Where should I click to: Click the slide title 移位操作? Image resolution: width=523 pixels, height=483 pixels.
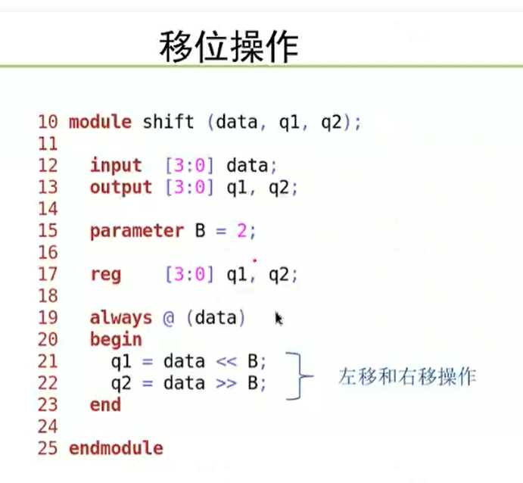229,47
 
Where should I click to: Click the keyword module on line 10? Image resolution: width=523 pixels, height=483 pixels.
100,122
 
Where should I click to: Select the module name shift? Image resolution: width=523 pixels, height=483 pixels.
168,121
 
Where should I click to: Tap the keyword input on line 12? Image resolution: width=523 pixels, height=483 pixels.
116,166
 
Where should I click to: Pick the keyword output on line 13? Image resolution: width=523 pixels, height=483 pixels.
121,188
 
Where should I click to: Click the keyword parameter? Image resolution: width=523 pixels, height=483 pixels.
137,231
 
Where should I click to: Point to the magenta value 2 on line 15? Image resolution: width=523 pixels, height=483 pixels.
241,230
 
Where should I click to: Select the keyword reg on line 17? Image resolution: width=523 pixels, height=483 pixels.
106,276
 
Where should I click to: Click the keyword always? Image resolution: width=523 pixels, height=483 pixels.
121,318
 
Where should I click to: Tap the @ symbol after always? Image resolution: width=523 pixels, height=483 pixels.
169,318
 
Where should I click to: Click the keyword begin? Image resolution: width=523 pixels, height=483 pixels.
116,340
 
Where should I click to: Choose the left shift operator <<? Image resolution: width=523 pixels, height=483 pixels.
226,362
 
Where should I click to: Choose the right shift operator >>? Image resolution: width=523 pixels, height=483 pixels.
226,384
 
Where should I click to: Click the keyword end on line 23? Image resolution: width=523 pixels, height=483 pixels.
105,405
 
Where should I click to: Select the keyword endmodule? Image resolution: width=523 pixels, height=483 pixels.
116,448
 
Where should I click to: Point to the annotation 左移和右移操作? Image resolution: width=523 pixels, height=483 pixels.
407,376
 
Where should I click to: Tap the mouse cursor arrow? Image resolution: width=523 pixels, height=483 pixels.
279,319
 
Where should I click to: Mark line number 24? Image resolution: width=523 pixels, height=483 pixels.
48,427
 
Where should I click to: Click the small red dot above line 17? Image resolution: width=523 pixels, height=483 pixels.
255,260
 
